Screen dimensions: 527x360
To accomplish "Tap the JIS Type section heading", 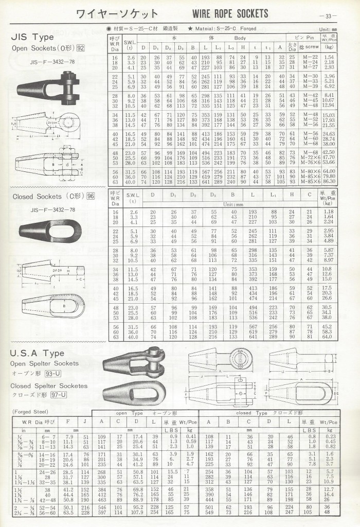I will (x=32, y=38).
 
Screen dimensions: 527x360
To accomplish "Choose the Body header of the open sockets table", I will (x=240, y=38).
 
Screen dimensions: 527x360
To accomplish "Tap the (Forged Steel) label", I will (x=29, y=411).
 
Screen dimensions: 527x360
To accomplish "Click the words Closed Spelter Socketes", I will (x=49, y=385).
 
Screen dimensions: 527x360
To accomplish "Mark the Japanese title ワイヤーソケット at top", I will (x=117, y=13).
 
